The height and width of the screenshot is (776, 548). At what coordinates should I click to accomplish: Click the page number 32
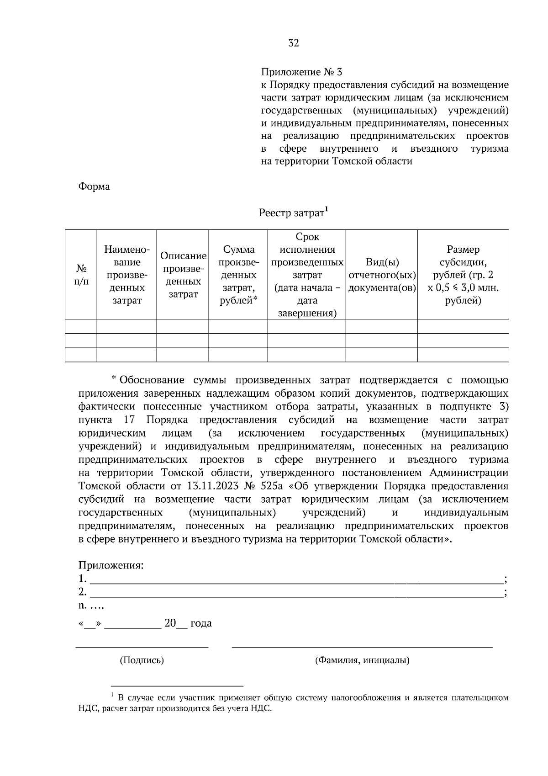(x=293, y=43)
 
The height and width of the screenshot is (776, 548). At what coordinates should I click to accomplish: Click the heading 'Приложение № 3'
(x=301, y=72)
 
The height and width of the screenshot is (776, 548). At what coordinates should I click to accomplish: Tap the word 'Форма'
(x=94, y=187)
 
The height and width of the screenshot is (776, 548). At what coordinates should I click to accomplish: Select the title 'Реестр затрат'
(x=291, y=213)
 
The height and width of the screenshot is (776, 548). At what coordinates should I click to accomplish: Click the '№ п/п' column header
(x=81, y=275)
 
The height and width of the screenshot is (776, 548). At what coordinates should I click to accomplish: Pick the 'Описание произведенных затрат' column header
(x=183, y=275)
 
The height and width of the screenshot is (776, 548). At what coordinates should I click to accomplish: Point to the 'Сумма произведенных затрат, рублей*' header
(x=238, y=275)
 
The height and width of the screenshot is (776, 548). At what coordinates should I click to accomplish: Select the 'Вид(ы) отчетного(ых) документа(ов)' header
(x=382, y=275)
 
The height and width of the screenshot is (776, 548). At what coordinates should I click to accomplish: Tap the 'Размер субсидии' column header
(x=463, y=275)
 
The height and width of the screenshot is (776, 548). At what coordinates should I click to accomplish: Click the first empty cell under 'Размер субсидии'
(x=463, y=326)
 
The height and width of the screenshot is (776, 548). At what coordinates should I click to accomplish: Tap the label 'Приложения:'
(x=111, y=565)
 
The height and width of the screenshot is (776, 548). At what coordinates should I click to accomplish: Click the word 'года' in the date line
(x=201, y=623)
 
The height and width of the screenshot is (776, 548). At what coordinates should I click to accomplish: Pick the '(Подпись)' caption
(x=142, y=660)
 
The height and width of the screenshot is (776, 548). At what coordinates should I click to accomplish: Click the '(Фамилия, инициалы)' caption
(x=362, y=660)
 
